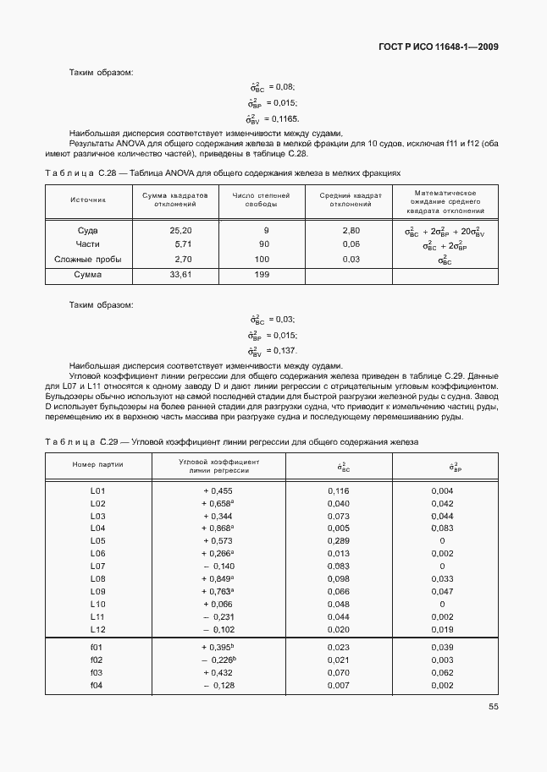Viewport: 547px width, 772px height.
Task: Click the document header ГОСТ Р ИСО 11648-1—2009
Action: coord(438,47)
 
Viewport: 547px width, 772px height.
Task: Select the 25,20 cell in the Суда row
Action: coord(181,230)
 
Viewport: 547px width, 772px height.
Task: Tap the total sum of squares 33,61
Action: coord(181,275)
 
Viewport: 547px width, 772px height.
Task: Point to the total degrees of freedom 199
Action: coord(262,275)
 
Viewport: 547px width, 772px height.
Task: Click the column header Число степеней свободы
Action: coord(261,200)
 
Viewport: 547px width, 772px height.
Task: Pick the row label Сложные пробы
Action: coord(88,259)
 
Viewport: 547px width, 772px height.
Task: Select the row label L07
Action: coord(97,565)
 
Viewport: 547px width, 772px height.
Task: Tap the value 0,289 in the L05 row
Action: coord(338,540)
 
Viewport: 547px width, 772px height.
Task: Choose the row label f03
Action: coord(97,672)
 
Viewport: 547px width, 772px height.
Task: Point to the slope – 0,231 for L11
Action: coord(218,617)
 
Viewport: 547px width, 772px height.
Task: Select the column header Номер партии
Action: coord(97,467)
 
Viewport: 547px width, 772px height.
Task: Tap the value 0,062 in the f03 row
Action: coord(442,672)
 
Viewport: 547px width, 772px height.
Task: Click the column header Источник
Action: coord(88,200)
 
